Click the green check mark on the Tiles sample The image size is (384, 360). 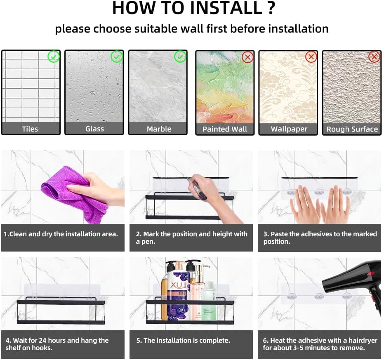click(53, 56)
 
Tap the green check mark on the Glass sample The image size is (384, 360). click(117, 56)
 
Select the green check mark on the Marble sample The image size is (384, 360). click(180, 56)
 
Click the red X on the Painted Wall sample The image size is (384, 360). click(247, 57)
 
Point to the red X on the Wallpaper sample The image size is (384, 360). click(311, 57)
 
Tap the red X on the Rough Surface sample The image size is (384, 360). click(374, 57)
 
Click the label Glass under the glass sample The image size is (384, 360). click(94, 129)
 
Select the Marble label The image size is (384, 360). click(159, 129)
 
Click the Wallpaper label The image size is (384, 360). click(289, 129)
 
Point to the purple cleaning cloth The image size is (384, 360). click(73, 193)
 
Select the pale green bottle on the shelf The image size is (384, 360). click(208, 301)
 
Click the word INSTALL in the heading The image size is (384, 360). click(226, 8)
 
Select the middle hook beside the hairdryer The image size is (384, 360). click(319, 296)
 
